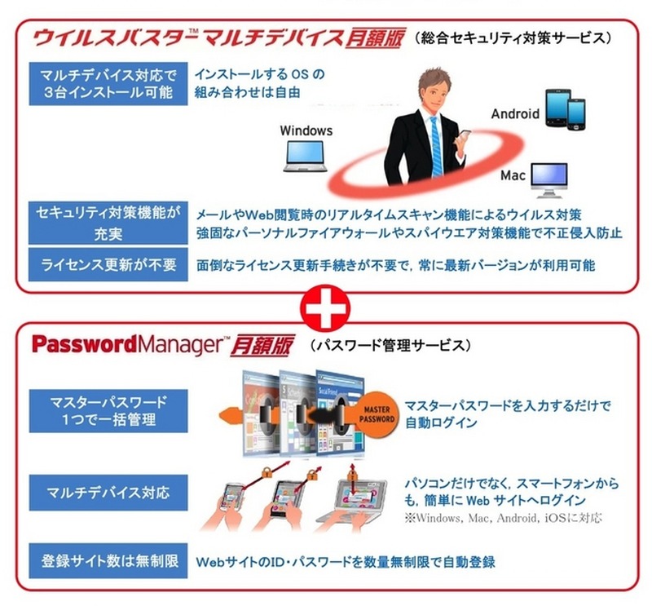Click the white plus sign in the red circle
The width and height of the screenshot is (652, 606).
point(325,308)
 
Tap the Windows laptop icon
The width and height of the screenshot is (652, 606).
point(305,156)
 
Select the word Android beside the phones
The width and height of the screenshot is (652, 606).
point(515,113)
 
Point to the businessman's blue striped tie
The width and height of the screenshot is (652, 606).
point(435,147)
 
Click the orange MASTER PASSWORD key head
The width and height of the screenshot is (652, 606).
point(376,414)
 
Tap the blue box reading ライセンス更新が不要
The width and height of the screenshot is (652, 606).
point(108,265)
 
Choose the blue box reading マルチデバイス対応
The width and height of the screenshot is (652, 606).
point(108,493)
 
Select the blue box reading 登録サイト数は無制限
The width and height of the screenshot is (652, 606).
point(108,560)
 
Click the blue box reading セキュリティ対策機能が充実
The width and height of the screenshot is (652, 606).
point(108,223)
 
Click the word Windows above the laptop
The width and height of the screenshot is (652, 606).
point(306,130)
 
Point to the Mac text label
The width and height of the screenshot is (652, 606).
point(513,175)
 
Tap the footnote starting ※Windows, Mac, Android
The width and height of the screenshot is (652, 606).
point(503,518)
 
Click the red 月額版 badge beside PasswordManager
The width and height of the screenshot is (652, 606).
point(262,346)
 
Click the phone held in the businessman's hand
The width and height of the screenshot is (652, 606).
point(464,137)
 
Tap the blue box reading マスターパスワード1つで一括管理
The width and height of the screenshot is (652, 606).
point(108,411)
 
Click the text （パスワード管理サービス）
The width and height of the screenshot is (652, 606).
point(391,346)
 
